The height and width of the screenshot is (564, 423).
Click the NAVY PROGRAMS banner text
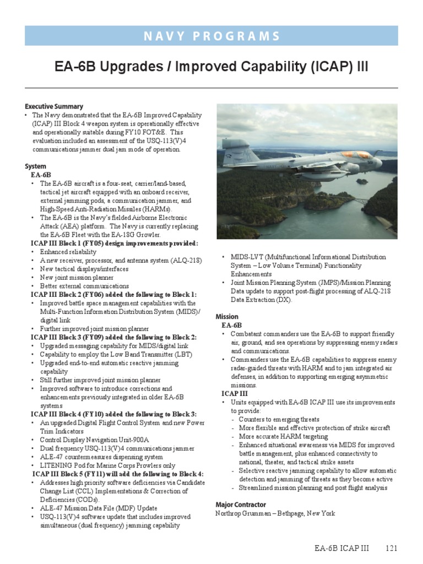coord(211,36)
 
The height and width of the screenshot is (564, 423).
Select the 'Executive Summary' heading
coord(54,106)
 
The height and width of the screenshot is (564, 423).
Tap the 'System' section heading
coord(35,166)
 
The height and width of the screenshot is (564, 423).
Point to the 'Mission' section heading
coord(227,317)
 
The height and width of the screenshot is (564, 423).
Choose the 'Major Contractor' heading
coord(241,505)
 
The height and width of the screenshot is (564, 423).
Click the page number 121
coord(391,549)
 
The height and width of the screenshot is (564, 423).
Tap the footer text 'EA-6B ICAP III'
coord(341,549)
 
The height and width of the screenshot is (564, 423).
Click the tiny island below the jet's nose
coord(362,181)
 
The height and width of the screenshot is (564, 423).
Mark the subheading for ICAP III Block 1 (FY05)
coord(114,243)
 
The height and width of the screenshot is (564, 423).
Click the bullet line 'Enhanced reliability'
coord(68,252)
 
